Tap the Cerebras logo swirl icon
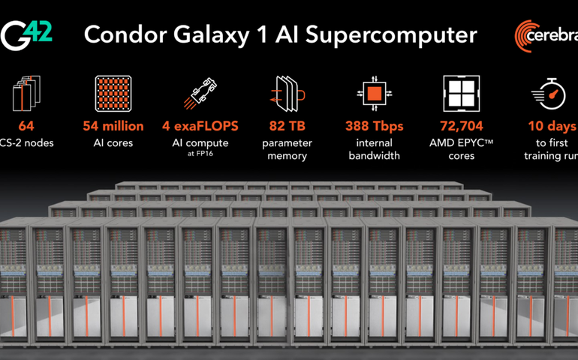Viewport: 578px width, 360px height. point(530,36)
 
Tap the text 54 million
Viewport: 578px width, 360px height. point(112,127)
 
